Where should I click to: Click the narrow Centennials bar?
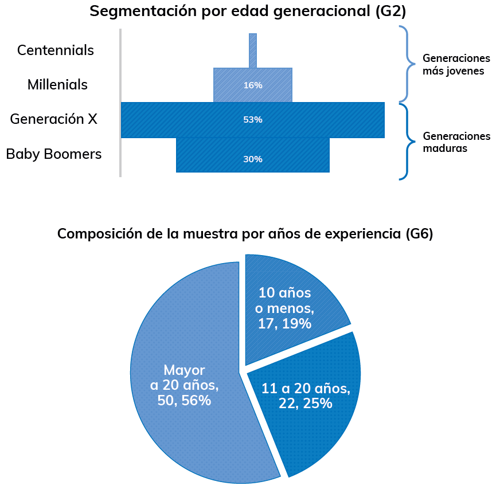[253, 50]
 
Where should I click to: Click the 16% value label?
[253, 85]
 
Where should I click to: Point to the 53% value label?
[253, 120]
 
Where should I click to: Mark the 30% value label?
[253, 159]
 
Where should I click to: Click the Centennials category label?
[56, 50]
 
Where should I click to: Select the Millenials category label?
[57, 85]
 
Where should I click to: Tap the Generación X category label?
[53, 119]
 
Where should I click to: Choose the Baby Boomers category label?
[54, 154]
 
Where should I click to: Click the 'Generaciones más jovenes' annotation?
[456, 65]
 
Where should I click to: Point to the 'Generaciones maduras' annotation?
[456, 142]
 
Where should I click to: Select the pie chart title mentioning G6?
[245, 234]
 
